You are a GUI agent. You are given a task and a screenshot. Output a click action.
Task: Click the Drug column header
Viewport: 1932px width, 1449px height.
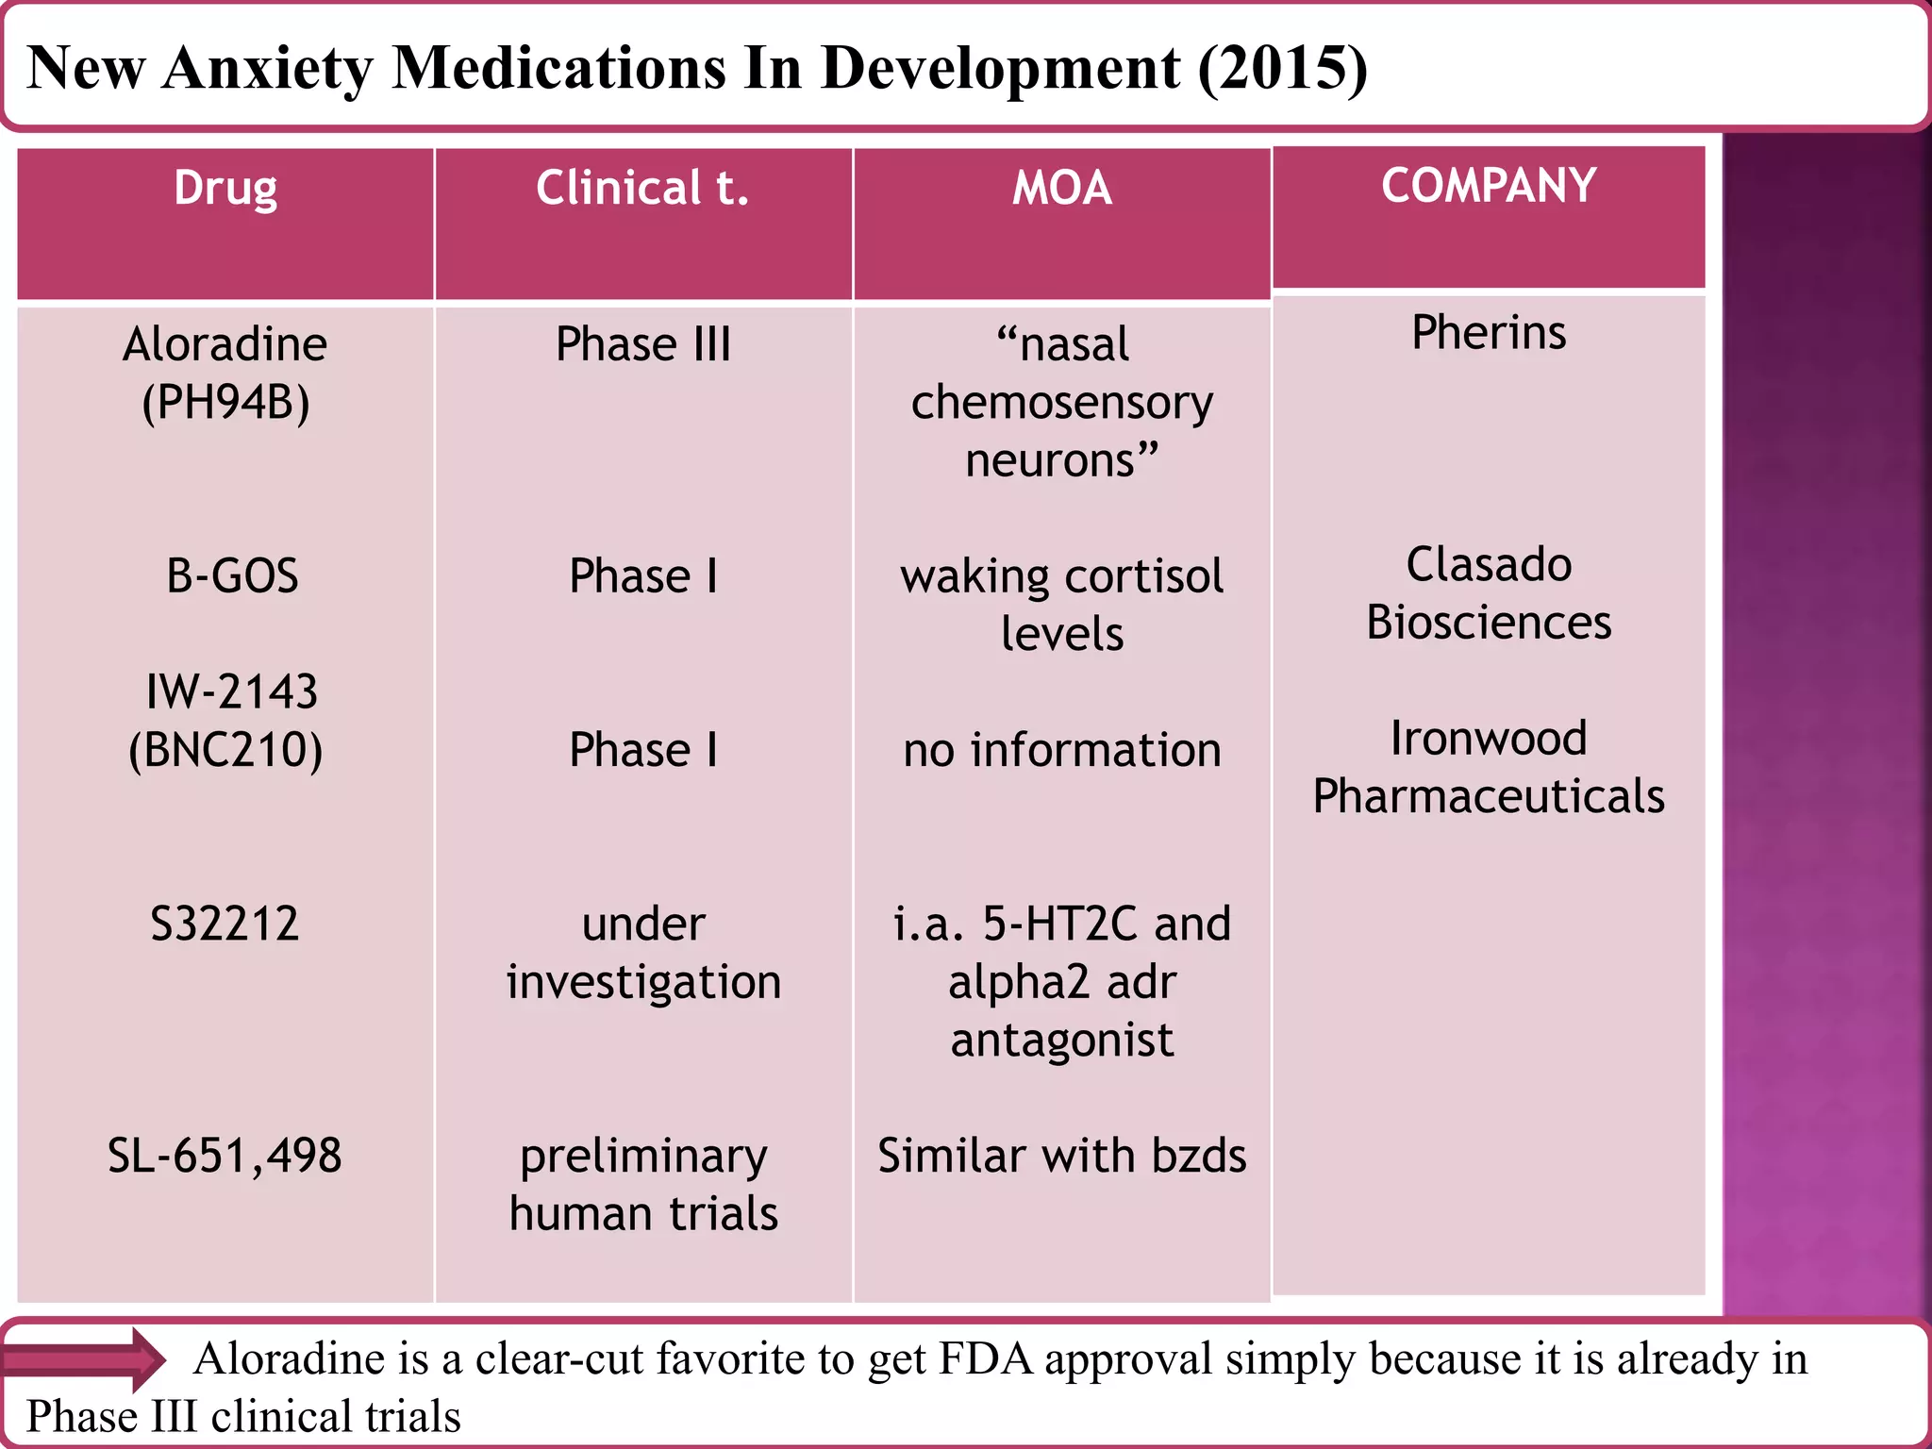pyautogui.click(x=225, y=188)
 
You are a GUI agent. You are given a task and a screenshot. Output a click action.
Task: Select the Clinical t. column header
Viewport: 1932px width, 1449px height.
pyautogui.click(x=642, y=188)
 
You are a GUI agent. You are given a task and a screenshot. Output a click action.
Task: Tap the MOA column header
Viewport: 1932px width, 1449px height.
pyautogui.click(x=1061, y=188)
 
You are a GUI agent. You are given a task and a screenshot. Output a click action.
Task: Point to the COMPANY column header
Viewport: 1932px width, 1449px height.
pyautogui.click(x=1488, y=186)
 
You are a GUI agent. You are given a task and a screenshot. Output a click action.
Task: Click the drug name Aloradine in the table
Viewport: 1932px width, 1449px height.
pyautogui.click(x=225, y=344)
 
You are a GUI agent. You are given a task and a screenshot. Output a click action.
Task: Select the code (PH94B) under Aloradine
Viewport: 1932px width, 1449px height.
pyautogui.click(x=225, y=403)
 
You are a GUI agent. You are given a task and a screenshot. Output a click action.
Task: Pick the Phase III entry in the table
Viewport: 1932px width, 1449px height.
pyautogui.click(x=642, y=344)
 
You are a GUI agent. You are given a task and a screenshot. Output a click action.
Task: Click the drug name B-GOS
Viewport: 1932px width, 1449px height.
pyautogui.click(x=232, y=576)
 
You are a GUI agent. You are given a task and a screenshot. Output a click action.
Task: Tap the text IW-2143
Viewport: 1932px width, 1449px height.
pyautogui.click(x=232, y=692)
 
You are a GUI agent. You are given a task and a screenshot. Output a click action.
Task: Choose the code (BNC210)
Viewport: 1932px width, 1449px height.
pyautogui.click(x=225, y=751)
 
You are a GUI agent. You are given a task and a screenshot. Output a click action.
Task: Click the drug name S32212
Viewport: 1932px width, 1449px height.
pyautogui.click(x=225, y=924)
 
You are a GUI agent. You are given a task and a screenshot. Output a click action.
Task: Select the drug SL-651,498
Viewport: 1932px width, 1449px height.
pyautogui.click(x=225, y=1156)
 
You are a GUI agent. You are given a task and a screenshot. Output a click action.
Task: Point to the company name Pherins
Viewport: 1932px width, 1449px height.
pyautogui.click(x=1488, y=333)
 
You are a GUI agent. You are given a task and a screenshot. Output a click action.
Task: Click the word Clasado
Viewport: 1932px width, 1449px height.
pyautogui.click(x=1488, y=565)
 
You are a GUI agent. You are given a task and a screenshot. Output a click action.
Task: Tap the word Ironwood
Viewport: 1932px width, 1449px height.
pyautogui.click(x=1488, y=739)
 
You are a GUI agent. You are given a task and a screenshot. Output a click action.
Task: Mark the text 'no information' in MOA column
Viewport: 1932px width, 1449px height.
pyautogui.click(x=1061, y=751)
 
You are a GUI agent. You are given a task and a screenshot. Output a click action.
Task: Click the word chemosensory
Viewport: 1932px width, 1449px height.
pyautogui.click(x=1061, y=403)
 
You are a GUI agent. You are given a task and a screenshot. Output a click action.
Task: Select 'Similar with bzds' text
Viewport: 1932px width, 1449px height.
pyautogui.click(x=1061, y=1156)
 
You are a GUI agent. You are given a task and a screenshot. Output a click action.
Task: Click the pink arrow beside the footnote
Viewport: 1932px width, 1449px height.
pyautogui.click(x=85, y=1359)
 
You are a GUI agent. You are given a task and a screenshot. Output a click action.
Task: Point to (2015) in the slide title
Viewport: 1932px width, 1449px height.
pyautogui.click(x=1282, y=68)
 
